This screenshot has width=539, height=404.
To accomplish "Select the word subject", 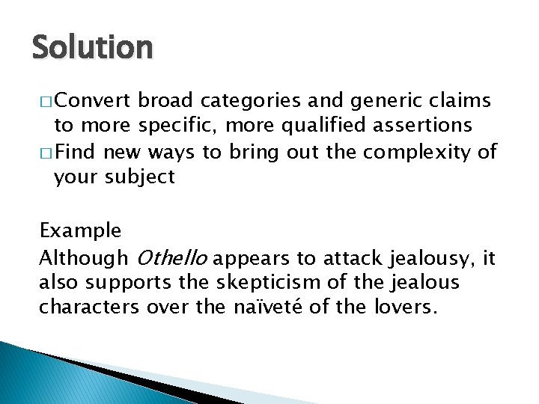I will (x=140, y=177).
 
